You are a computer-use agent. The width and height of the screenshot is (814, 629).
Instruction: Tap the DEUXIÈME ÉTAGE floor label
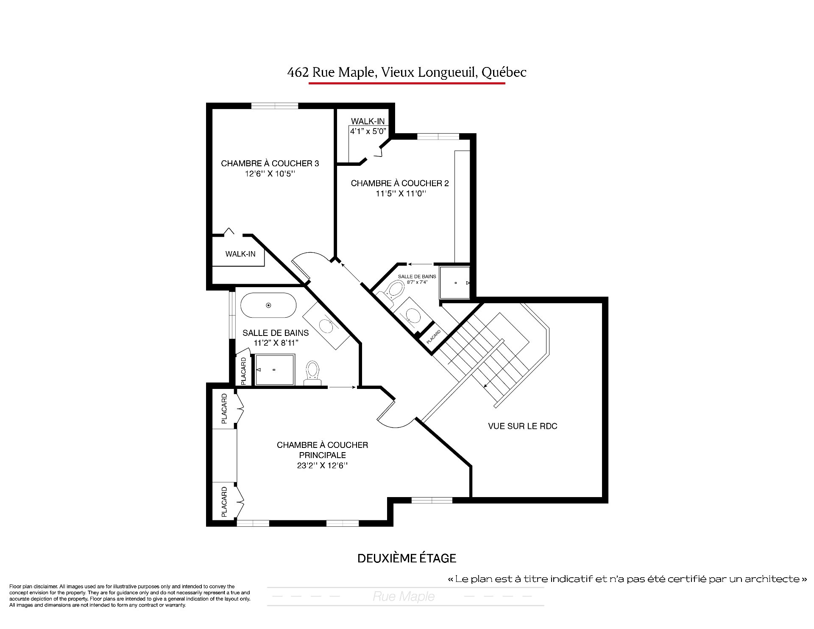point(407,558)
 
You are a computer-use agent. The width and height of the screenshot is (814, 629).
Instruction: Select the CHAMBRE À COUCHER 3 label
point(270,163)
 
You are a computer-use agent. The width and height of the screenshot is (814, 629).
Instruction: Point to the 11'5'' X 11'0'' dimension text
point(400,193)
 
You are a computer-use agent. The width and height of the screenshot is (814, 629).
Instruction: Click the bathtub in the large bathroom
point(268,305)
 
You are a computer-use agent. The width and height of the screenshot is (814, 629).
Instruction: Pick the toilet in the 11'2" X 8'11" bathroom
point(313,373)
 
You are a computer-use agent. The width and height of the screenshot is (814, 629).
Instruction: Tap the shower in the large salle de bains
point(274,370)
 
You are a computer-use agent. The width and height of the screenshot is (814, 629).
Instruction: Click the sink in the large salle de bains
point(326,325)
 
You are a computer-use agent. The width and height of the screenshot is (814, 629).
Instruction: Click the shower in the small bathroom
point(455,282)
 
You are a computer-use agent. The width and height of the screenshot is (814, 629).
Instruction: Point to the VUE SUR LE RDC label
point(523,426)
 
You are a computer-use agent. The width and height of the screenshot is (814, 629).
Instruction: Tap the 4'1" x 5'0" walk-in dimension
point(368,131)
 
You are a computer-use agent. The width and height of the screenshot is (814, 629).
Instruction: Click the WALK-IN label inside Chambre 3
point(240,254)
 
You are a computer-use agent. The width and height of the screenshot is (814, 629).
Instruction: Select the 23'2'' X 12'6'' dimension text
point(323,465)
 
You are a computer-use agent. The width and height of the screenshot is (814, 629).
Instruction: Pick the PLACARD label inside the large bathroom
point(243,371)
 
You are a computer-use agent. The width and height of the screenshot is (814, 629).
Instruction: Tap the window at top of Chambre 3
point(275,106)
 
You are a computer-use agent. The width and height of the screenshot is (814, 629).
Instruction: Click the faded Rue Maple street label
point(404,596)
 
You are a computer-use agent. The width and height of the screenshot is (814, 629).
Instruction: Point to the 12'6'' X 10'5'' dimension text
point(270,174)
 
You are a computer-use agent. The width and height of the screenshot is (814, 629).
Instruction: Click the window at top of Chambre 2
point(438,137)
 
